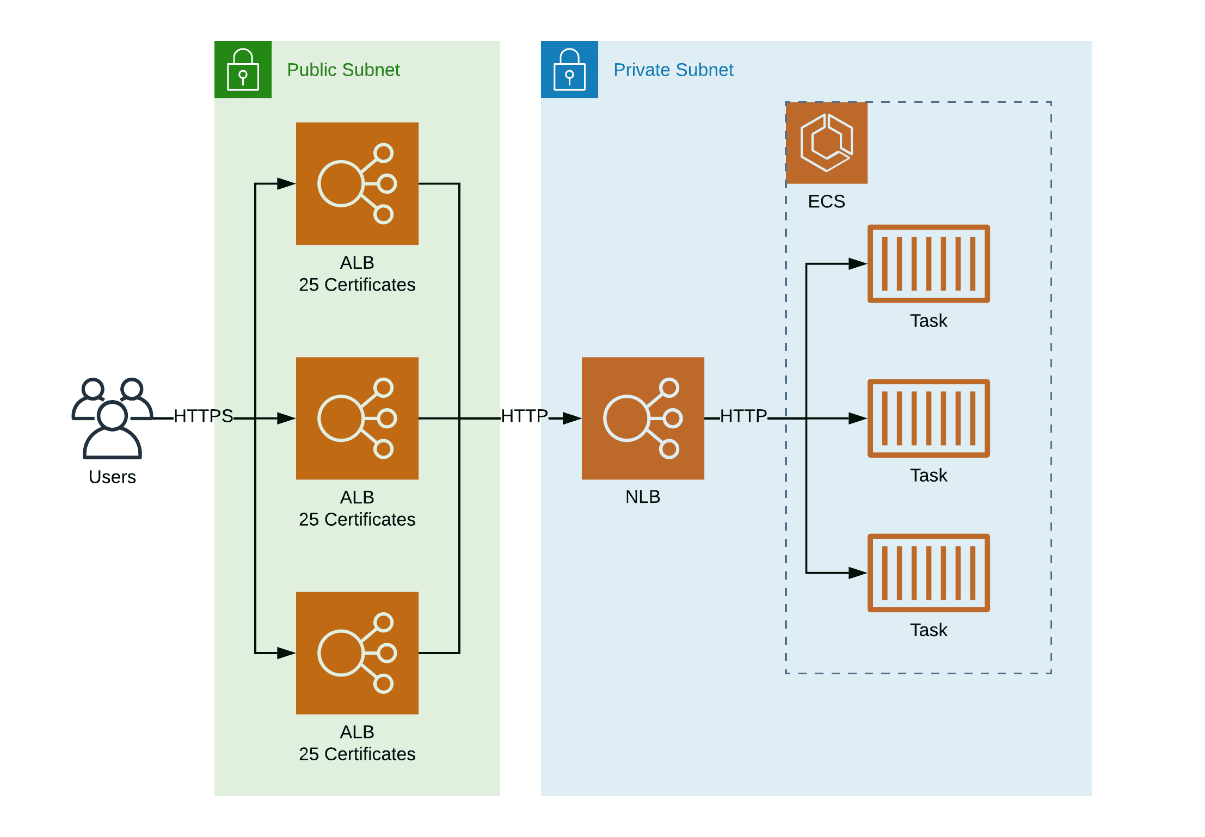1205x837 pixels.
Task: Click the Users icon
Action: [112, 417]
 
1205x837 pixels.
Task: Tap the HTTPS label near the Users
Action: [203, 416]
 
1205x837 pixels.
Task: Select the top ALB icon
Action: [357, 183]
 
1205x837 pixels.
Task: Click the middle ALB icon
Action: [357, 418]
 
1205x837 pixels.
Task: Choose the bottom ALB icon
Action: [357, 653]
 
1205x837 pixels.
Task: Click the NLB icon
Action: [643, 418]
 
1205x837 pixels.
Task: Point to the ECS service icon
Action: [826, 143]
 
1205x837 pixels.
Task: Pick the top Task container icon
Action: [929, 263]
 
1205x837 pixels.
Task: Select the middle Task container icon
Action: [929, 418]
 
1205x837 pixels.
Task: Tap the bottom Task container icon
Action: [929, 573]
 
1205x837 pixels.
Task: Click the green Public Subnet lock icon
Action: [243, 69]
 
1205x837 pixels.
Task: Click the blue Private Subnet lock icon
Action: [569, 69]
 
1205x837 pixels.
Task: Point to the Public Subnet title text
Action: [343, 70]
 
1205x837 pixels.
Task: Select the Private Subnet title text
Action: [673, 70]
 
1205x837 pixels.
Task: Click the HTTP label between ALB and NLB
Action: [524, 416]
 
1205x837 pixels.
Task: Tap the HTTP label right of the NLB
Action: [743, 416]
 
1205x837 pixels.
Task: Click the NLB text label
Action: [643, 497]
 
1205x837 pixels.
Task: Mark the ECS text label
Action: [826, 201]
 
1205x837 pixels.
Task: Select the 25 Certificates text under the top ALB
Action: [357, 285]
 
